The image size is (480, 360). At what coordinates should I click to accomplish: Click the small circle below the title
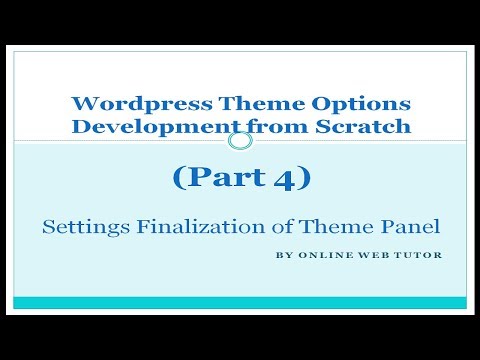[x=240, y=141]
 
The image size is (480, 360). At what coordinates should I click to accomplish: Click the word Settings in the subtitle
[x=82, y=226]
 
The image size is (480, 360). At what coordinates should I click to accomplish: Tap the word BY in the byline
[x=282, y=254]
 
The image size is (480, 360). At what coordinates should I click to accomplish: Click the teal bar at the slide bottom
[x=240, y=302]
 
